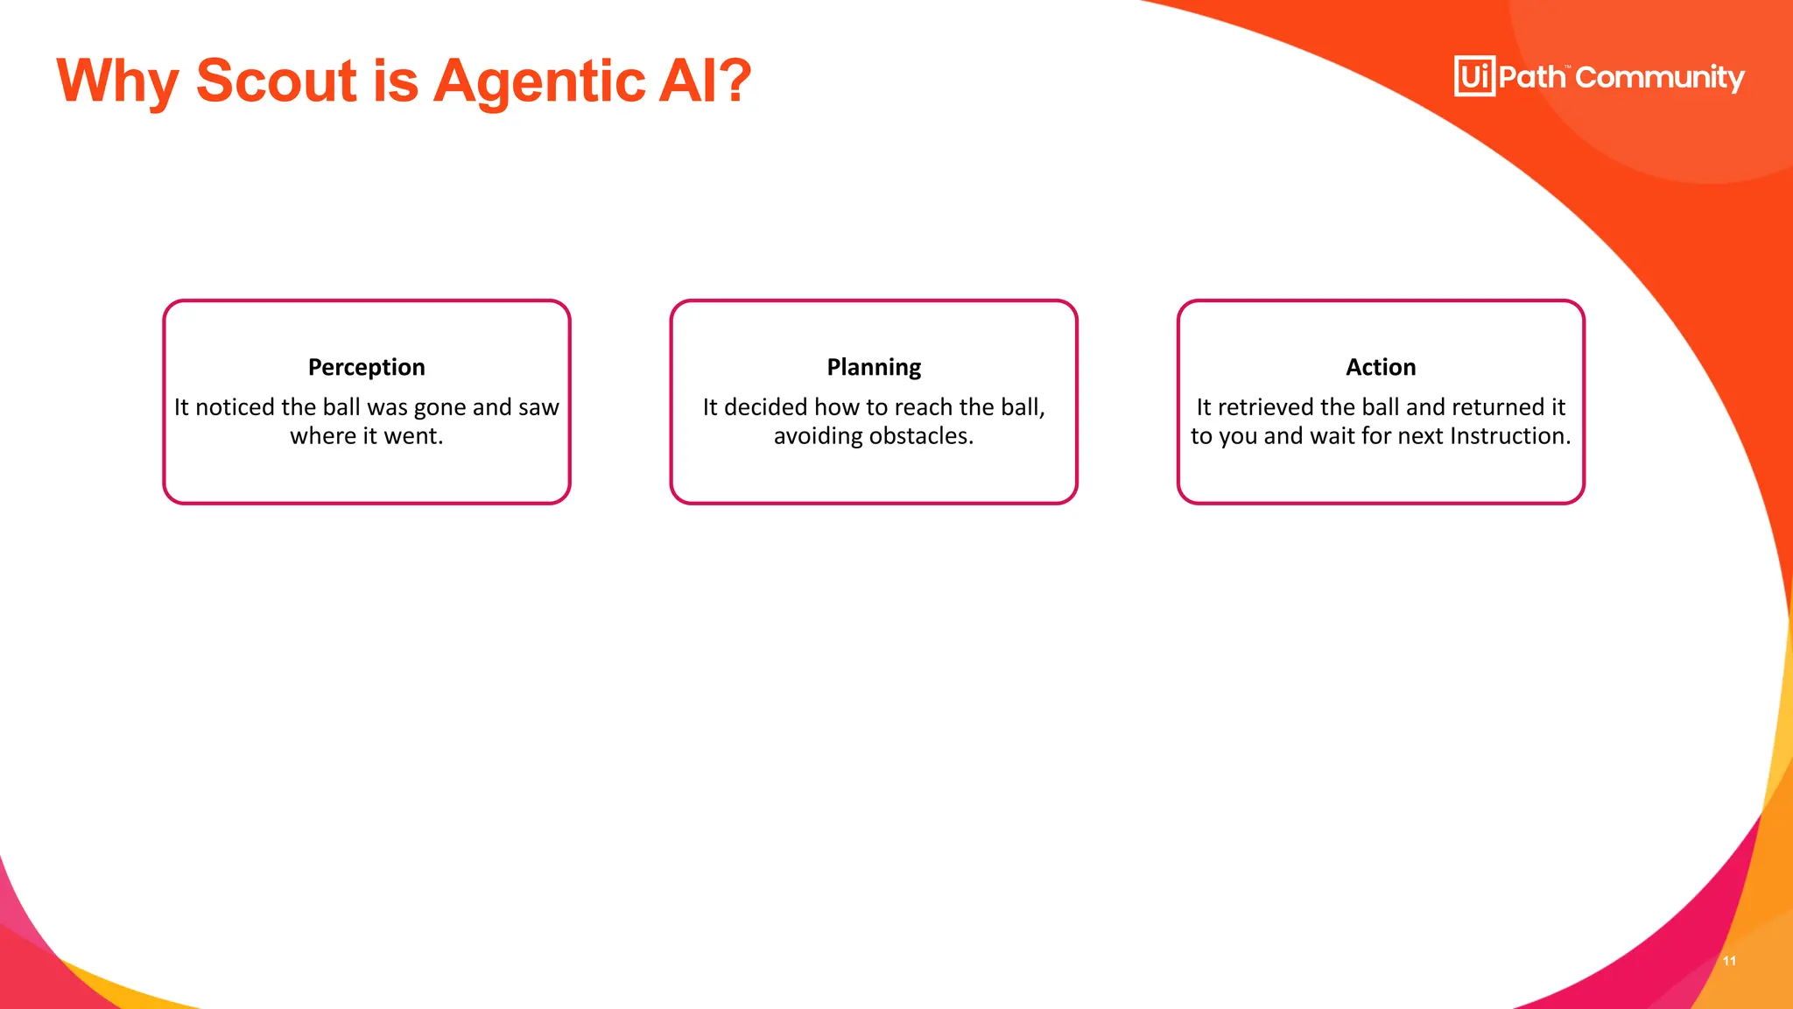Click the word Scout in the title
(277, 81)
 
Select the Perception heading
(366, 367)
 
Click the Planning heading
(874, 367)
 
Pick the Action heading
(1381, 367)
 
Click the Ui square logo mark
(1474, 76)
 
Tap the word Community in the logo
(1660, 78)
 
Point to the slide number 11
(1729, 961)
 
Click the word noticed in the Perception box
(235, 407)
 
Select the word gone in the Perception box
(440, 408)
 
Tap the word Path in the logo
(1532, 77)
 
